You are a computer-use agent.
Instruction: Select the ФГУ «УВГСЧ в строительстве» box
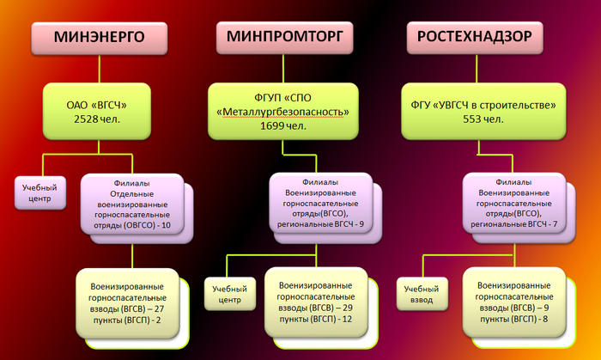(x=483, y=111)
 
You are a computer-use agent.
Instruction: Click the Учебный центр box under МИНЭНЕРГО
(x=40, y=192)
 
